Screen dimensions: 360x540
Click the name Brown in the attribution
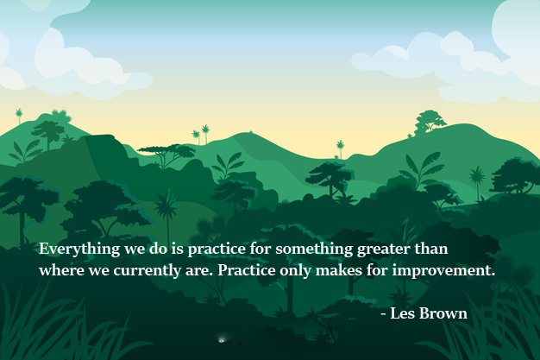point(444,313)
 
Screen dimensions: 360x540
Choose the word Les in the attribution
point(403,313)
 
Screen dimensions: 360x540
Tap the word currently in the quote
point(143,270)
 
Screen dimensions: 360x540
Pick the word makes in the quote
point(341,269)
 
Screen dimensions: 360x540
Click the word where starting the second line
point(59,270)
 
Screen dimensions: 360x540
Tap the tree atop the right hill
point(429,121)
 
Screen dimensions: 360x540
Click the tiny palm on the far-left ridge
point(19,115)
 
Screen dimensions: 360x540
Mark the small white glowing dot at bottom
point(222,340)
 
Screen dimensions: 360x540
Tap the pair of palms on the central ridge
point(201,134)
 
